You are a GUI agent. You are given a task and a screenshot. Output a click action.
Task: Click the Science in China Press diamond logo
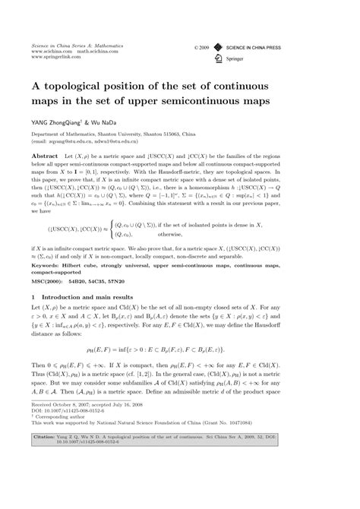[219, 46]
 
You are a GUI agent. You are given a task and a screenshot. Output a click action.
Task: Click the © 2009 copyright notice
[201, 46]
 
